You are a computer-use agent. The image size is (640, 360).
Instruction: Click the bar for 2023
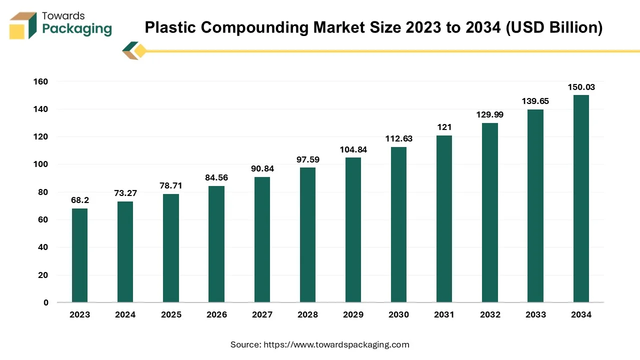coord(79,255)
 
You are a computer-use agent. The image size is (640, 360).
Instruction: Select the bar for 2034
coord(581,198)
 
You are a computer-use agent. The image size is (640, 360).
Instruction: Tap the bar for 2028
coord(307,234)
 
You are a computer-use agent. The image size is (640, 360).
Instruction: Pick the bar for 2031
coord(444,218)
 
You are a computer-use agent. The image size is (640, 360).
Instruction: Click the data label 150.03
coord(581,87)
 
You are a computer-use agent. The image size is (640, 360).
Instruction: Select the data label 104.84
coord(353,150)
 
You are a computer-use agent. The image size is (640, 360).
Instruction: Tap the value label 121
coord(444,127)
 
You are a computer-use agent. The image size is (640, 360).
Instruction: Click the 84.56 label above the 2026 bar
coord(216,178)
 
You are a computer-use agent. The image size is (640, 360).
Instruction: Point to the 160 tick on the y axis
coord(41,81)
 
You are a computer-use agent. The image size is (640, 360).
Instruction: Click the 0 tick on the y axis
coord(45,302)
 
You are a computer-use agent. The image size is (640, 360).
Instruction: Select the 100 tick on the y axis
coord(41,164)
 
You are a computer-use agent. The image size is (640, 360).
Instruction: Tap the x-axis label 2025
coord(171,315)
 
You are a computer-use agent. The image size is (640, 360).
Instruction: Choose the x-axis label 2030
coord(398,315)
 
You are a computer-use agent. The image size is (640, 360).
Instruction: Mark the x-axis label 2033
coord(535,315)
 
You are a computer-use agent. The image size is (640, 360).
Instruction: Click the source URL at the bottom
coord(336,344)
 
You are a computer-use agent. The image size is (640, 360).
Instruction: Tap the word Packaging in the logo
coord(77,29)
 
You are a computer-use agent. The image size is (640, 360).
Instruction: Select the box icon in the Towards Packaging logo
coord(23,25)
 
